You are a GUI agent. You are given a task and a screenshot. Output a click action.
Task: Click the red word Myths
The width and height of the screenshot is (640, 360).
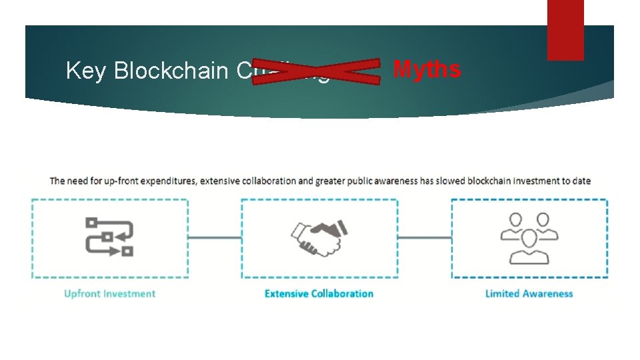[x=427, y=69]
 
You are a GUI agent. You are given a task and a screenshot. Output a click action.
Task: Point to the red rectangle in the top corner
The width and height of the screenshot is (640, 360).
[x=565, y=30]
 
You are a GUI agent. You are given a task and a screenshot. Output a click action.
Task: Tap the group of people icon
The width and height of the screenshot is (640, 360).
[x=529, y=237]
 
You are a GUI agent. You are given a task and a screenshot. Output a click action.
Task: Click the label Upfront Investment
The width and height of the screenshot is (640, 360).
[x=109, y=293]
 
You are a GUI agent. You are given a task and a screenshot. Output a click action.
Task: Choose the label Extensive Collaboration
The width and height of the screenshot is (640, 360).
[x=319, y=293]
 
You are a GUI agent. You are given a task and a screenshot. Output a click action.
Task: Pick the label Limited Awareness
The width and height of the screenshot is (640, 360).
[x=529, y=293]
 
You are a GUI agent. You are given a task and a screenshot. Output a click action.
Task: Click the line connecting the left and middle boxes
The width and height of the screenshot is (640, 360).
[x=215, y=237]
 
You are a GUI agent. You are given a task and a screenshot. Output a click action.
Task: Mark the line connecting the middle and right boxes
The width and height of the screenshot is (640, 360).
[x=425, y=237]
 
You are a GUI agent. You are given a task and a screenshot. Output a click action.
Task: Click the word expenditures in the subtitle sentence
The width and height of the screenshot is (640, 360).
[x=166, y=181]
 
